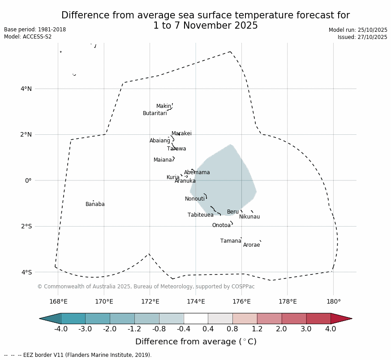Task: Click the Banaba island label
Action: [95, 204]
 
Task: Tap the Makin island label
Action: [163, 106]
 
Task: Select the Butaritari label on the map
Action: [155, 113]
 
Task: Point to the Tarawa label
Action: [176, 149]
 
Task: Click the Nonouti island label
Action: [194, 199]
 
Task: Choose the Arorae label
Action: [251, 245]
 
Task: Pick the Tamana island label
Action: [231, 241]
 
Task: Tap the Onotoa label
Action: [221, 225]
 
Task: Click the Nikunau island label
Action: [249, 217]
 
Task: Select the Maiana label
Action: [163, 160]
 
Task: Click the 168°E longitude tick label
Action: [58, 301]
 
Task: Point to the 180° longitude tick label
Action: [333, 301]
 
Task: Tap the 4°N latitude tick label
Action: [26, 89]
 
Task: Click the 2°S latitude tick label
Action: [26, 226]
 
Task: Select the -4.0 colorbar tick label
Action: [60, 329]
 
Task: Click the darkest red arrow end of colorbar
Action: [343, 318]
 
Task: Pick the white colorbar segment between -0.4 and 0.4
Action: [196, 318]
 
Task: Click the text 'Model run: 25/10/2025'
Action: [358, 30]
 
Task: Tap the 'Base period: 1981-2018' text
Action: [35, 30]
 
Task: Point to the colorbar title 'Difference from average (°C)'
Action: [196, 342]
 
